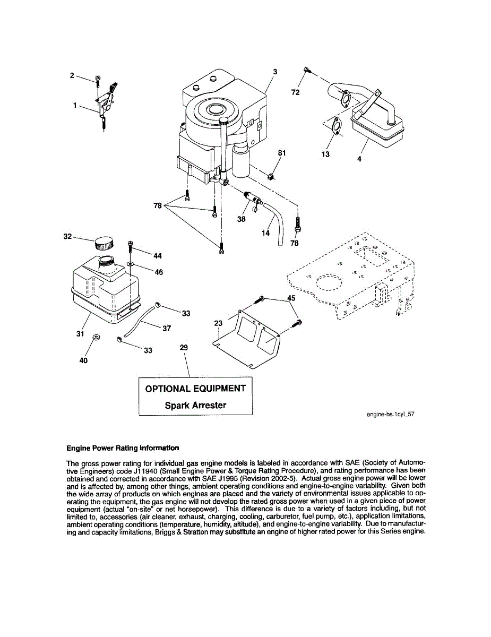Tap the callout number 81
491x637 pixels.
pos(282,153)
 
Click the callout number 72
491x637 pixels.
pos(296,92)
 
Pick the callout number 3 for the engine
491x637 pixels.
pos(275,72)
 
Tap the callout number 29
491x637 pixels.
pos(184,347)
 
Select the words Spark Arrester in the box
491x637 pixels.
pos(195,406)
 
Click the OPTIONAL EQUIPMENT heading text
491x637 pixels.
pos(195,389)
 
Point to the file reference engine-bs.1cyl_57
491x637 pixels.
pos(390,415)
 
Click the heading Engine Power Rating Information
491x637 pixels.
pos(123,448)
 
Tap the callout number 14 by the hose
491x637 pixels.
pos(265,233)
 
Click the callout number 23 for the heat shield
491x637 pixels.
pos(218,322)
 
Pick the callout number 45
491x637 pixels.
pos(291,298)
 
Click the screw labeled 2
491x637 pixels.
pos(98,80)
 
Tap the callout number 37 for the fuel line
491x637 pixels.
pos(167,328)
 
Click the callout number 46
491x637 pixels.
pos(158,272)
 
